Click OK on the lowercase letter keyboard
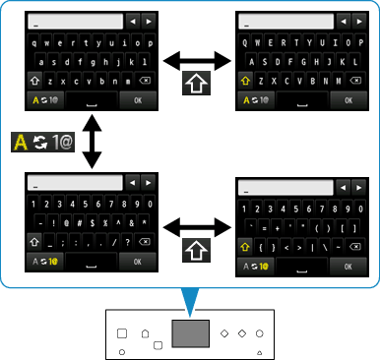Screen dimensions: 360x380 point(138,100)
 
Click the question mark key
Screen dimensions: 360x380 point(128,242)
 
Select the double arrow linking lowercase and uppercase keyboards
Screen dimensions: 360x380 point(197,62)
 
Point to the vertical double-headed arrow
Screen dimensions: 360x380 point(93,145)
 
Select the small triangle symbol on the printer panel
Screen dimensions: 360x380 point(260,350)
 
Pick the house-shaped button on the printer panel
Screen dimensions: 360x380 point(145,332)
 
